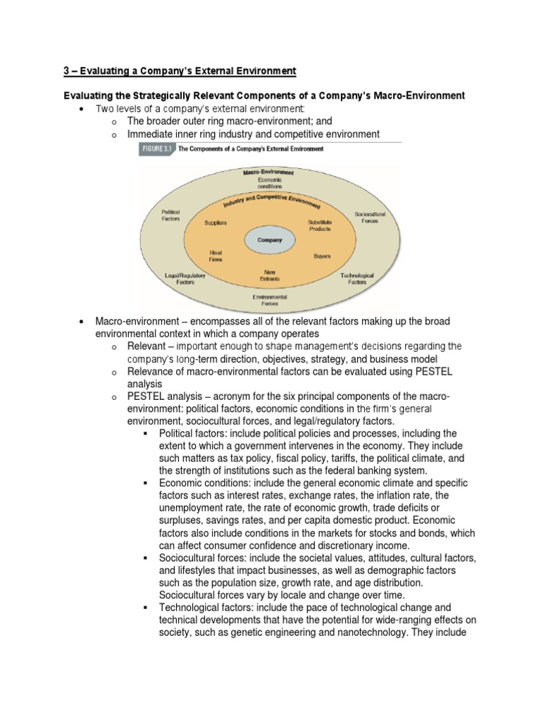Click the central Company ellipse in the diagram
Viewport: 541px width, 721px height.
[269, 240]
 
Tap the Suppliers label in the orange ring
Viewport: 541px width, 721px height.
[216, 222]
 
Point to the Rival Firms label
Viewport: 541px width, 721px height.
[216, 256]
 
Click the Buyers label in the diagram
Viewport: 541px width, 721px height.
[322, 256]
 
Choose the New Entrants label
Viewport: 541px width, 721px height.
[269, 276]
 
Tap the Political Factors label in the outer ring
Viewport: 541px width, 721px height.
[171, 215]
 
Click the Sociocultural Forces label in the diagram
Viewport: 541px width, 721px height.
[370, 216]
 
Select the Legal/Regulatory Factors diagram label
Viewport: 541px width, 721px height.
[185, 278]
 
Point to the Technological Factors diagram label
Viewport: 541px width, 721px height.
[357, 278]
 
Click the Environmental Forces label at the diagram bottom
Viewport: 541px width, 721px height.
[269, 301]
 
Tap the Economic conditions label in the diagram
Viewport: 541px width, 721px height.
[269, 183]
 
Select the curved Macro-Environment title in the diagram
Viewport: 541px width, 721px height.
[268, 171]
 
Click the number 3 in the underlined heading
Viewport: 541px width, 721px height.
[67, 71]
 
